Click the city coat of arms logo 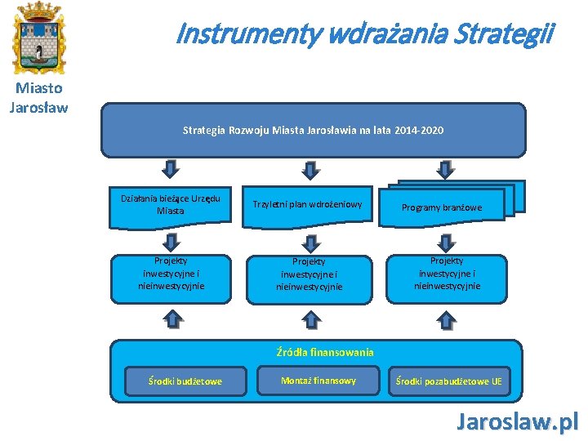click(38, 37)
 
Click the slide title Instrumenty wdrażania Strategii click(364, 33)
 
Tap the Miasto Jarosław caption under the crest click(38, 97)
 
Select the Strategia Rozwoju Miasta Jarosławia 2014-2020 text click(314, 130)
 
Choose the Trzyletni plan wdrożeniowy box click(307, 204)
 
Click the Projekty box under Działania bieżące click(171, 274)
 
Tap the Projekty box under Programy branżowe click(447, 274)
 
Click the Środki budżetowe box click(185, 381)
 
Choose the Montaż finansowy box click(318, 381)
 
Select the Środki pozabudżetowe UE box click(449, 381)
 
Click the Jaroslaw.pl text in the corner click(517, 421)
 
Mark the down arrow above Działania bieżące click(171, 169)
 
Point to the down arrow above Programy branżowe click(446, 169)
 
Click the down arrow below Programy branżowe click(446, 242)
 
